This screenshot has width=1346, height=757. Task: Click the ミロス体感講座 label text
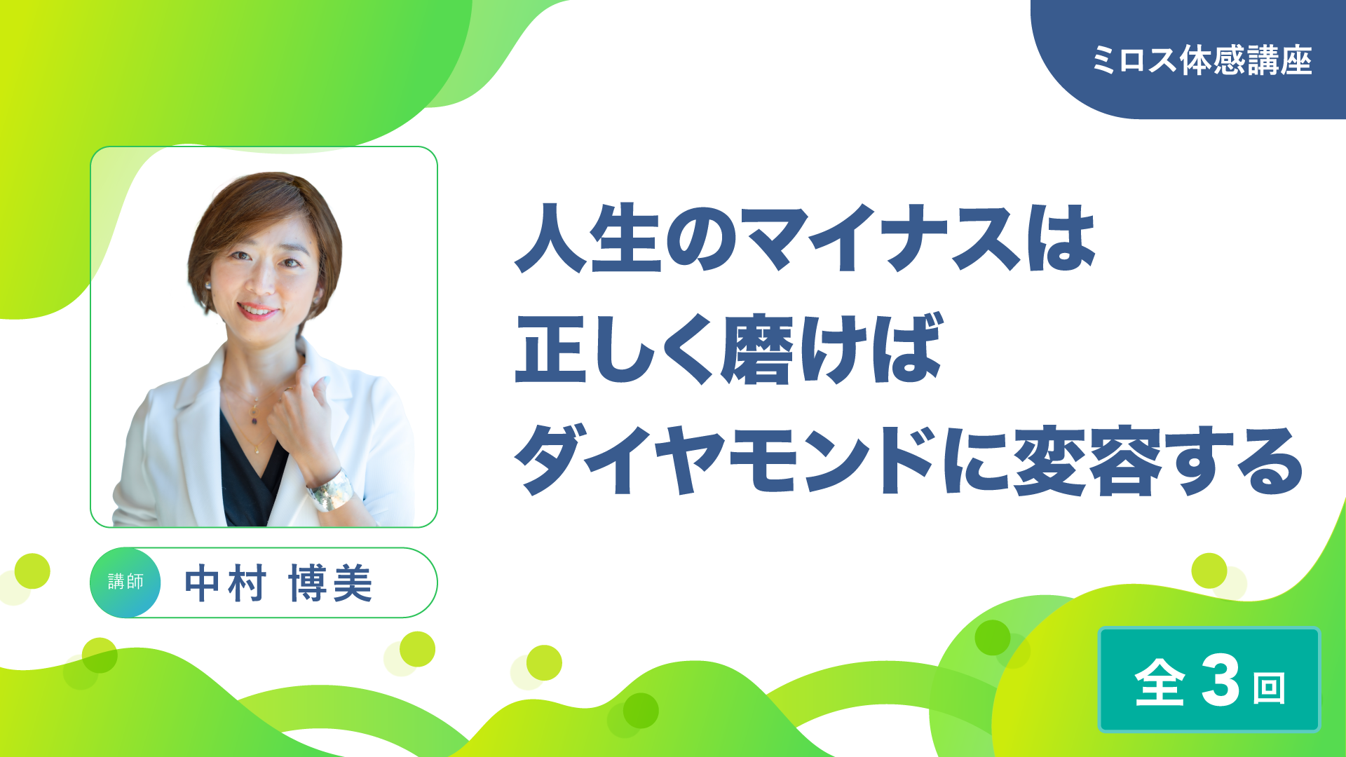point(1202,60)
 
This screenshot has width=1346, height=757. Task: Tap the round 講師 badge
point(125,582)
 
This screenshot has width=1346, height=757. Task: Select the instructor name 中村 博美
point(278,583)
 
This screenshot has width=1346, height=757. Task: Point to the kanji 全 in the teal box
point(1160,681)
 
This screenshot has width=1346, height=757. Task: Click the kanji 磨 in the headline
point(757,348)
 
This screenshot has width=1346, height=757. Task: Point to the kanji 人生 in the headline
point(588,238)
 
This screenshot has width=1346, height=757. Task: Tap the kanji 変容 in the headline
point(1087,460)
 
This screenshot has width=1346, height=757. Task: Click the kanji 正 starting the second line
point(550,349)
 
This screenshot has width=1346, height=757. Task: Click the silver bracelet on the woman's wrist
point(330,490)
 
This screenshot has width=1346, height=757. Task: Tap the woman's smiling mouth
point(257,311)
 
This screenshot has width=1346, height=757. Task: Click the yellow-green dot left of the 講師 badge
point(32,571)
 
